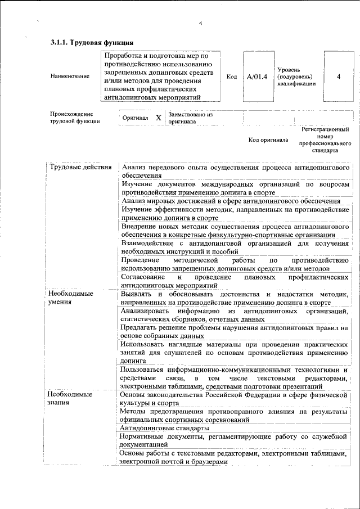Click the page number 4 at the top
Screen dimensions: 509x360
pos(200,23)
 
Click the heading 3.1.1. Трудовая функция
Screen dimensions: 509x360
pos(92,43)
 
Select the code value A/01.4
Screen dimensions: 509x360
pos(257,76)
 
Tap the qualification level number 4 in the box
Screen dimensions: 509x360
pos(338,76)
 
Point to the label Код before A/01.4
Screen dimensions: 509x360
pos(231,76)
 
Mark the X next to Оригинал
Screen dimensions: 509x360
pos(158,118)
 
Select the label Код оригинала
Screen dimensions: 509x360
pos(268,139)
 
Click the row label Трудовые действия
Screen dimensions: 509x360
pos(80,168)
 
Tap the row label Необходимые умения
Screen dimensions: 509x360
pos(71,298)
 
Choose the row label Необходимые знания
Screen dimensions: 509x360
pos(71,398)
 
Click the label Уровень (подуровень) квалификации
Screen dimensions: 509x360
pos(297,76)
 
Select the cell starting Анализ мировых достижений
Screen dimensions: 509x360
pos(231,201)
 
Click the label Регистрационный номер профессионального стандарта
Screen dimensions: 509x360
pos(325,140)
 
